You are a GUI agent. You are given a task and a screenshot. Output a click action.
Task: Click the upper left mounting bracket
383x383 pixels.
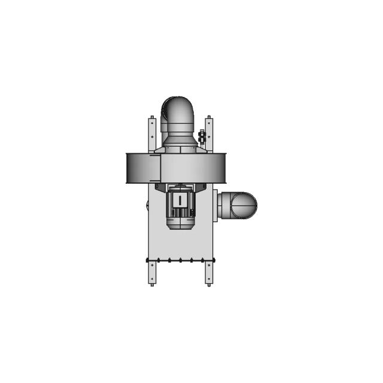tap(152, 135)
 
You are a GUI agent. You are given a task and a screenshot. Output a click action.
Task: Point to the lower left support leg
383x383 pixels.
tap(152, 272)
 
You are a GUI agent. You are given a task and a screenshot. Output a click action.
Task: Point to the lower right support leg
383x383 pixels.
tap(209, 272)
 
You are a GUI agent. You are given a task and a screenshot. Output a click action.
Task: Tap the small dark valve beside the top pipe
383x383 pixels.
tap(202, 137)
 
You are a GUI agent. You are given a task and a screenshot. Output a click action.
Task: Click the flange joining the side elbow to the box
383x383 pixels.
tap(215, 205)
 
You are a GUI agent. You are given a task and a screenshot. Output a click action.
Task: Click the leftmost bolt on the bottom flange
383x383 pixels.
tap(148, 260)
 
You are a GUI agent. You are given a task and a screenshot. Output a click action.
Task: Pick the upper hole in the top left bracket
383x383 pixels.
tap(152, 123)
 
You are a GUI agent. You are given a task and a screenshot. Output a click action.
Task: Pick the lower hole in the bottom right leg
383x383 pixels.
tap(209, 278)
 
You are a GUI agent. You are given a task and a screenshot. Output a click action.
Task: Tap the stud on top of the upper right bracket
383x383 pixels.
tap(208, 117)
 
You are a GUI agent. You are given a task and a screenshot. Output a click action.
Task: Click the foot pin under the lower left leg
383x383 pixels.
tap(152, 285)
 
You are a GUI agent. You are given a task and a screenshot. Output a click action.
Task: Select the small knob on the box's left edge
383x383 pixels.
tap(147, 206)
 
